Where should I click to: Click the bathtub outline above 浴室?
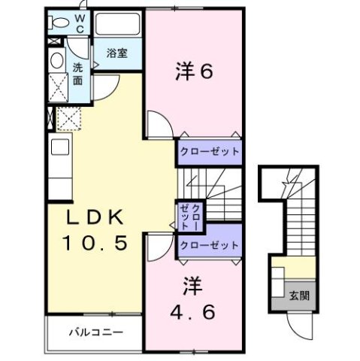[x=118, y=27]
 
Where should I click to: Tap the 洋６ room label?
[x=194, y=71]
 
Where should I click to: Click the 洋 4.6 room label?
[x=193, y=298]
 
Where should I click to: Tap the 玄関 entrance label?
[x=299, y=294]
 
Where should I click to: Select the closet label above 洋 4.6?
[x=210, y=246]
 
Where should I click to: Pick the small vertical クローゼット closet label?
[x=189, y=217]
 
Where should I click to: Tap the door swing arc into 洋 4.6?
[x=158, y=244]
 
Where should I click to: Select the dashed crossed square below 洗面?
[x=68, y=118]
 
